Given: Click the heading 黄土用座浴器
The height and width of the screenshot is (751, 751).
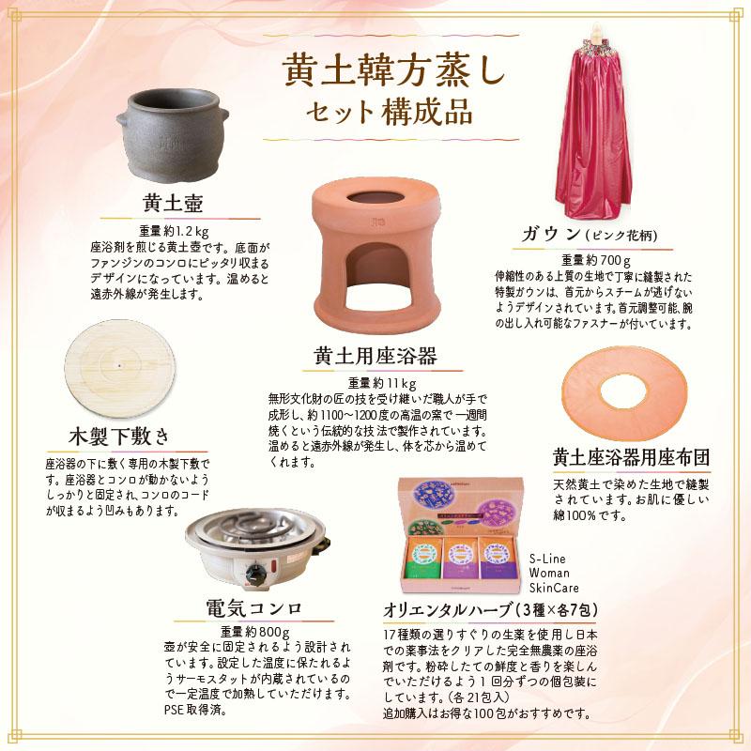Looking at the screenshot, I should point(375,357).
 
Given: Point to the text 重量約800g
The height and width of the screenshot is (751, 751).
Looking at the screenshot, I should point(253,630).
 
